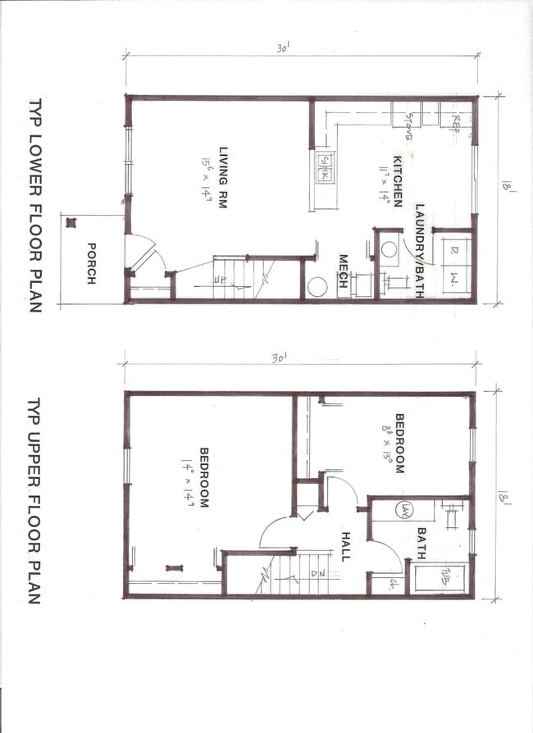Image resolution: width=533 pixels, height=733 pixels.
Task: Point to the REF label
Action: tap(456, 121)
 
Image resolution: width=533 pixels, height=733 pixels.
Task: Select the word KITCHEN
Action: tap(397, 181)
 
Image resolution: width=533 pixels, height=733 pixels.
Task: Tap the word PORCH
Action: tap(92, 264)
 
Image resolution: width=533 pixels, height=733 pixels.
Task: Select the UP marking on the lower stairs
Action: tap(220, 281)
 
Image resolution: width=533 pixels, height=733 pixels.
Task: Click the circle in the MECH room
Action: tap(317, 286)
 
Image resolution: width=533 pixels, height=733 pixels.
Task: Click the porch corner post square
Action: tap(71, 222)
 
